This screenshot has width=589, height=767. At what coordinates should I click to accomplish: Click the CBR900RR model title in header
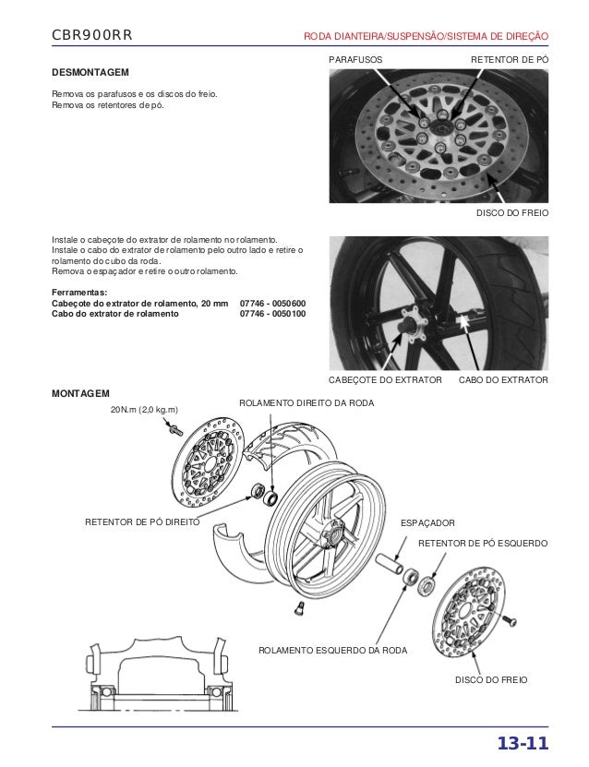pyautogui.click(x=93, y=35)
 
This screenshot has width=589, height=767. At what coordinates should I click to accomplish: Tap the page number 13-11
pyautogui.click(x=523, y=745)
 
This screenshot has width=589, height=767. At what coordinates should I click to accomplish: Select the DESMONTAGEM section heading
pyautogui.click(x=90, y=72)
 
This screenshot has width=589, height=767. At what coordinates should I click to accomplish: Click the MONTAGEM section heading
pyautogui.click(x=80, y=392)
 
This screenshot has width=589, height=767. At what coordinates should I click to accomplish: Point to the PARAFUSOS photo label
pyautogui.click(x=355, y=59)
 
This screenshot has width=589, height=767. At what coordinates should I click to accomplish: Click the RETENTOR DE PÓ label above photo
pyautogui.click(x=510, y=59)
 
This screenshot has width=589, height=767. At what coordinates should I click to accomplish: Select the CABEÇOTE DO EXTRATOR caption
pyautogui.click(x=386, y=380)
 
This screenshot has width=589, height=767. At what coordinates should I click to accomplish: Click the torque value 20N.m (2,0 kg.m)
pyautogui.click(x=145, y=409)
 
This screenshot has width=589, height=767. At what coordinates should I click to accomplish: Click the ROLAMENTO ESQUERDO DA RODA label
pyautogui.click(x=334, y=651)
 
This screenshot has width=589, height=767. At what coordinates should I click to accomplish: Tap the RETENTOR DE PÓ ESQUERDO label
pyautogui.click(x=484, y=544)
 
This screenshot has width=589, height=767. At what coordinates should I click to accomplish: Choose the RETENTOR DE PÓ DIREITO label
pyautogui.click(x=141, y=522)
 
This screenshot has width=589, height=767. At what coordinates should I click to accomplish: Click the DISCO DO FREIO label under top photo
pyautogui.click(x=511, y=213)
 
